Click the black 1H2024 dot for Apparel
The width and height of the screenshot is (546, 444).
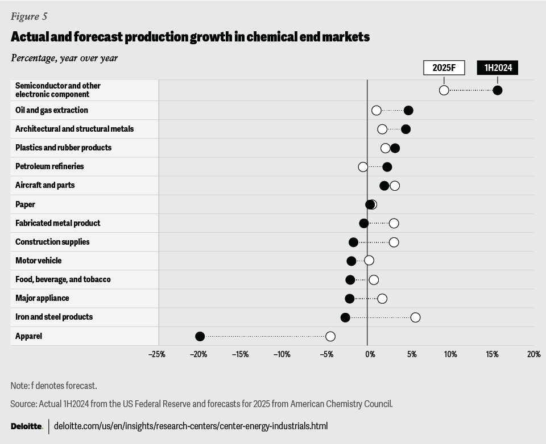tap(200, 337)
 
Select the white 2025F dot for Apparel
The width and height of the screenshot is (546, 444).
tap(330, 337)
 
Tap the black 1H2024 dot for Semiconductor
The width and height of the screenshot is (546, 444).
tap(498, 90)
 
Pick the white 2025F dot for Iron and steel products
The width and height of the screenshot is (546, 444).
tap(415, 317)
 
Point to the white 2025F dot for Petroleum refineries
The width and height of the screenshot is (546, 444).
tap(363, 167)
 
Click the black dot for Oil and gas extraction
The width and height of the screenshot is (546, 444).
tap(408, 110)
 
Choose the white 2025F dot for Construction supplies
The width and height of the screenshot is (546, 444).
tap(394, 242)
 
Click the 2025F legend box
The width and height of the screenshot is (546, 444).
tap(444, 68)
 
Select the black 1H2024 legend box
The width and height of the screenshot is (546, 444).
tap(498, 68)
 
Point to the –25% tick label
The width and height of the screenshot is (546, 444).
tap(156, 355)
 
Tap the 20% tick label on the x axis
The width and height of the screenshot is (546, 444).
tap(533, 355)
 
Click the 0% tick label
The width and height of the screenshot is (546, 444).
tap(370, 355)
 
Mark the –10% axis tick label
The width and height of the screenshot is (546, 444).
tap(282, 355)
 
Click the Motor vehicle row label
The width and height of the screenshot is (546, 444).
tap(38, 261)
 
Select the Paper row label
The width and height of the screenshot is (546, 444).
tap(25, 204)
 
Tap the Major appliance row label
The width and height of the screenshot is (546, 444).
tap(42, 298)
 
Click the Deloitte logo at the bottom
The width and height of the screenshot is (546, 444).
tap(26, 426)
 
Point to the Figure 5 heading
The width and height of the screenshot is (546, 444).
tap(29, 16)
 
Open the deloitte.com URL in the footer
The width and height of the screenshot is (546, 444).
tap(191, 426)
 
